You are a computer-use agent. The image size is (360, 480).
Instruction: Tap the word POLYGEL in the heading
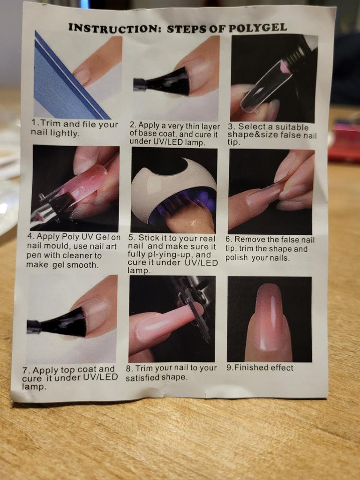257,28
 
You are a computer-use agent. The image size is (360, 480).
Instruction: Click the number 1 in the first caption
34,122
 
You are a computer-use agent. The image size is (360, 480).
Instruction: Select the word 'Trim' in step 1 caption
51,123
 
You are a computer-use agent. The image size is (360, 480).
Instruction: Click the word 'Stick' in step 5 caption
149,238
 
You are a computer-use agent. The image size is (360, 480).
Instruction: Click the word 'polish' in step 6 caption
236,258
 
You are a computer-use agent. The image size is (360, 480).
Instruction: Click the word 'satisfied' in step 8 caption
142,377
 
